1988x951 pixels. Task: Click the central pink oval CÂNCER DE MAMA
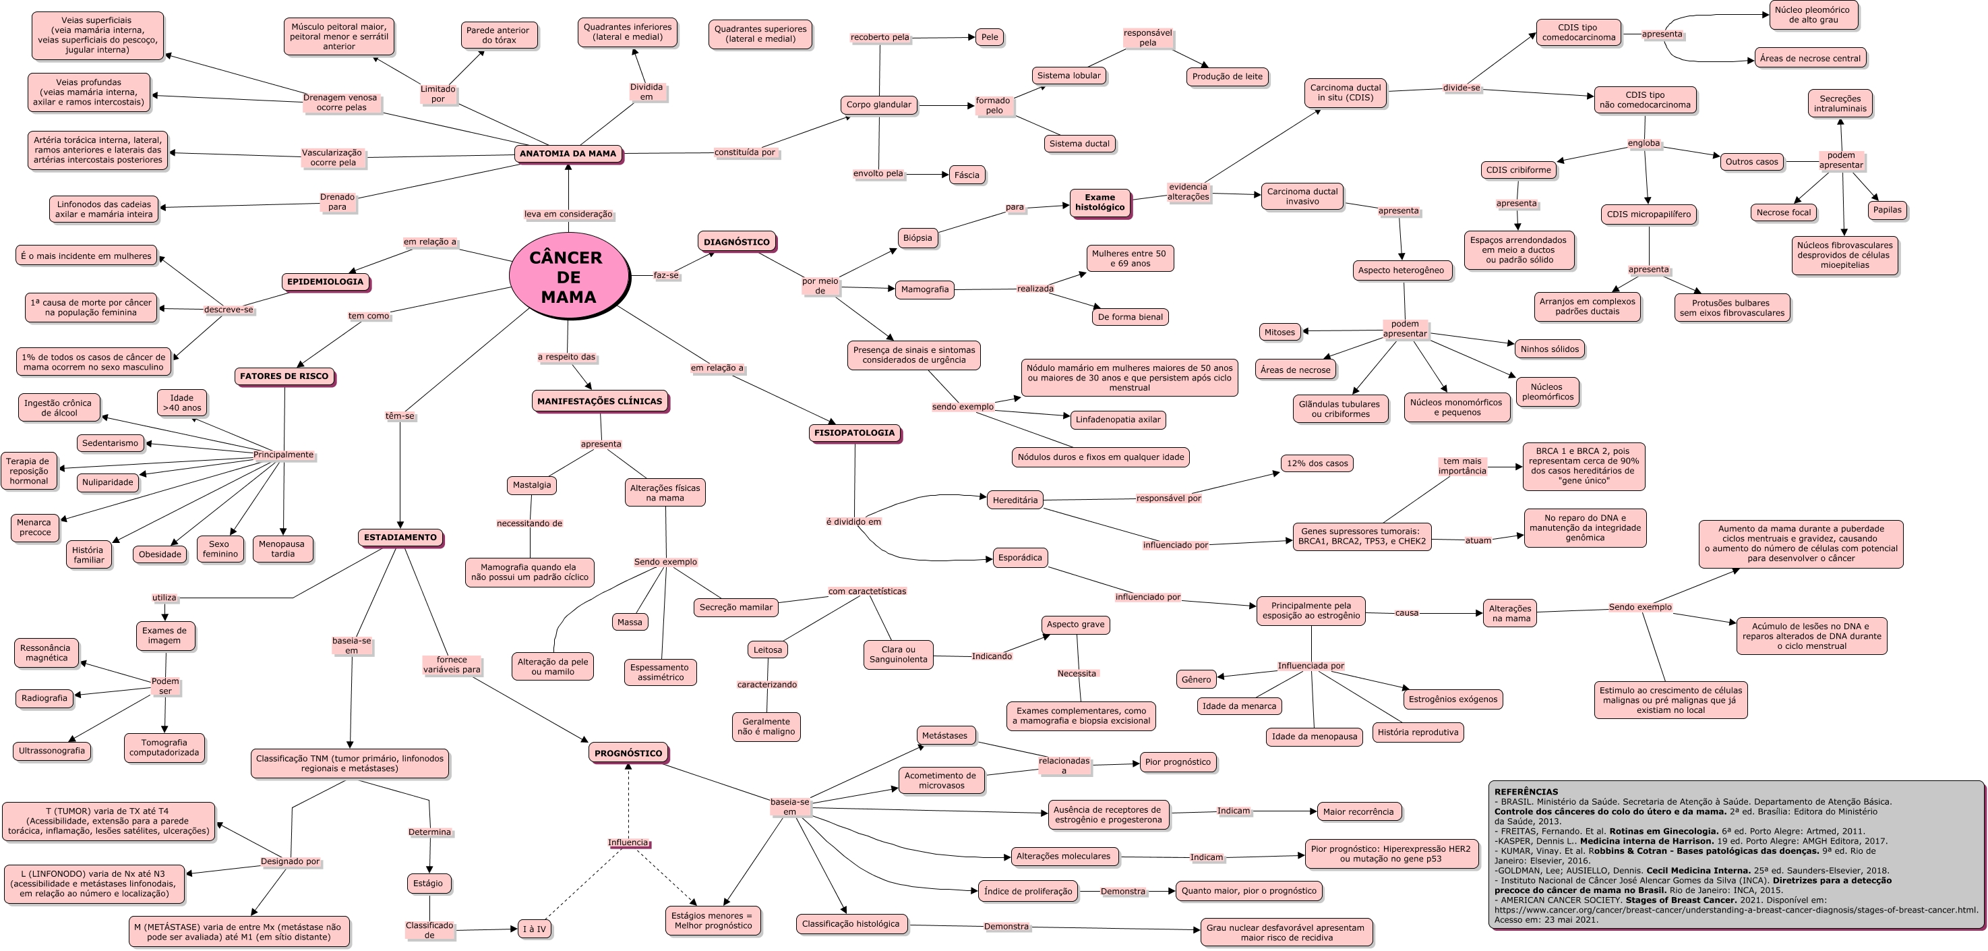[568, 277]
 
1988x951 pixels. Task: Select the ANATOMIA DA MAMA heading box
[568, 154]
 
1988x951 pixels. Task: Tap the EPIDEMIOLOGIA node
[325, 282]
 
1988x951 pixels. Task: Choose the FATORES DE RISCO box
[284, 377]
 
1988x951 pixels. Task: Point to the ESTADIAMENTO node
[400, 538]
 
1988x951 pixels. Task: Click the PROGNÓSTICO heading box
[628, 753]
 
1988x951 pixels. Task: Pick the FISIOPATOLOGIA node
[854, 433]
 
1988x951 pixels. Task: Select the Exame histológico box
[1100, 202]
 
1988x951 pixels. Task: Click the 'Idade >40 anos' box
[182, 403]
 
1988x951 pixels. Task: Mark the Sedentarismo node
[111, 443]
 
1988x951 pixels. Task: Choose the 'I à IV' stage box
[534, 929]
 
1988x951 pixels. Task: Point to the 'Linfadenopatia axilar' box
[1118, 420]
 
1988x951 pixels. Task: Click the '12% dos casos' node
[1317, 464]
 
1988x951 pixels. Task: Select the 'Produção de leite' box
[1227, 76]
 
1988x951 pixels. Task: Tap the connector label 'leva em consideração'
[568, 214]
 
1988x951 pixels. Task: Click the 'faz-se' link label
[666, 276]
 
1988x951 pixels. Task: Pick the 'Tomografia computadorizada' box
[164, 747]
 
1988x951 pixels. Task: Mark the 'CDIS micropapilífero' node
[1648, 214]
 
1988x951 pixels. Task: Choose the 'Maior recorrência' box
[1358, 812]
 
